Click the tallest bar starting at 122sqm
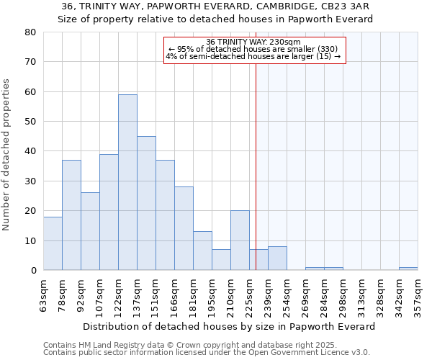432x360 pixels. tap(127, 182)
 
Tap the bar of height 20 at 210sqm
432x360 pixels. tap(240, 240)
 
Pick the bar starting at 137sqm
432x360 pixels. tap(146, 203)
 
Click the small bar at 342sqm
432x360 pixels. tap(408, 269)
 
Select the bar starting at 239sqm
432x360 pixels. tap(277, 258)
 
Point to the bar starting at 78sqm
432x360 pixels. tap(71, 215)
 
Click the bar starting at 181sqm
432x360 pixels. tap(202, 251)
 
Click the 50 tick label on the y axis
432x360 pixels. tap(31, 122)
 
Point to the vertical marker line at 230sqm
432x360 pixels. tap(256, 166)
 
